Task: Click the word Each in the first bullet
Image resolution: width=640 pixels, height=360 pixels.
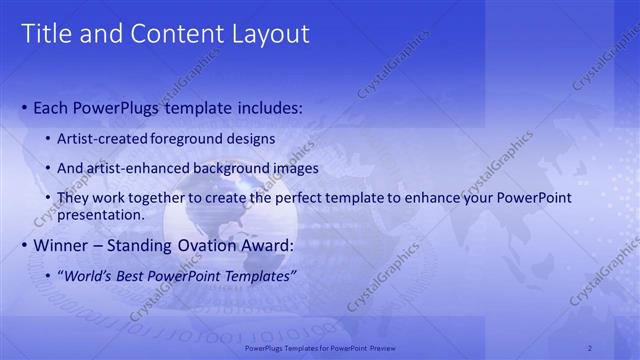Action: click(x=52, y=107)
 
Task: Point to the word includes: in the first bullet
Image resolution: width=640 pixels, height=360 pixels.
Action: click(x=262, y=107)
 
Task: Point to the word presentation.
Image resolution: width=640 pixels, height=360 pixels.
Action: click(x=102, y=214)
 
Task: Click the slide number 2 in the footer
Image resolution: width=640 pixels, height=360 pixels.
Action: click(x=590, y=347)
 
